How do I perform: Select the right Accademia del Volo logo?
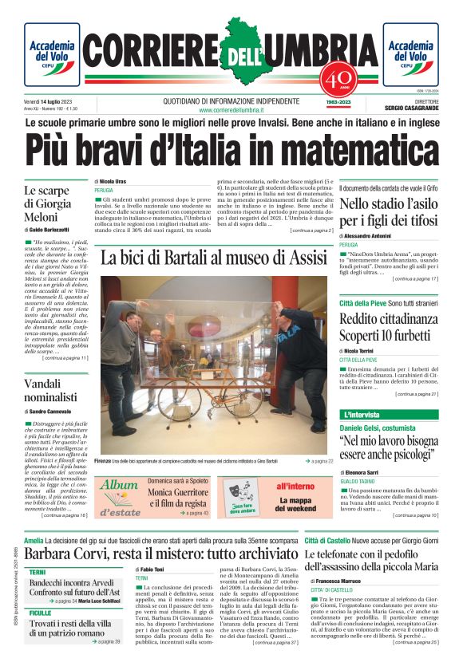tap(410, 54)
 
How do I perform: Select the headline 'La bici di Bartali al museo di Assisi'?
tap(214, 258)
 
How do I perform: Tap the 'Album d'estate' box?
tap(119, 497)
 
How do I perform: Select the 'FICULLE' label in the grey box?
tap(41, 613)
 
